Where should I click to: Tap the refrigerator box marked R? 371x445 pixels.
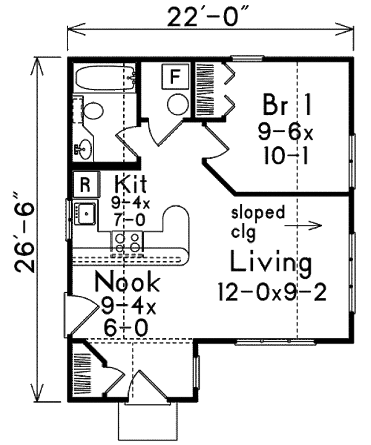(x=85, y=183)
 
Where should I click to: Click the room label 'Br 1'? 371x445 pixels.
(x=286, y=103)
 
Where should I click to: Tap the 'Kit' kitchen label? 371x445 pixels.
(x=130, y=184)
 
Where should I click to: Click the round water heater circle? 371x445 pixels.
(x=178, y=104)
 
